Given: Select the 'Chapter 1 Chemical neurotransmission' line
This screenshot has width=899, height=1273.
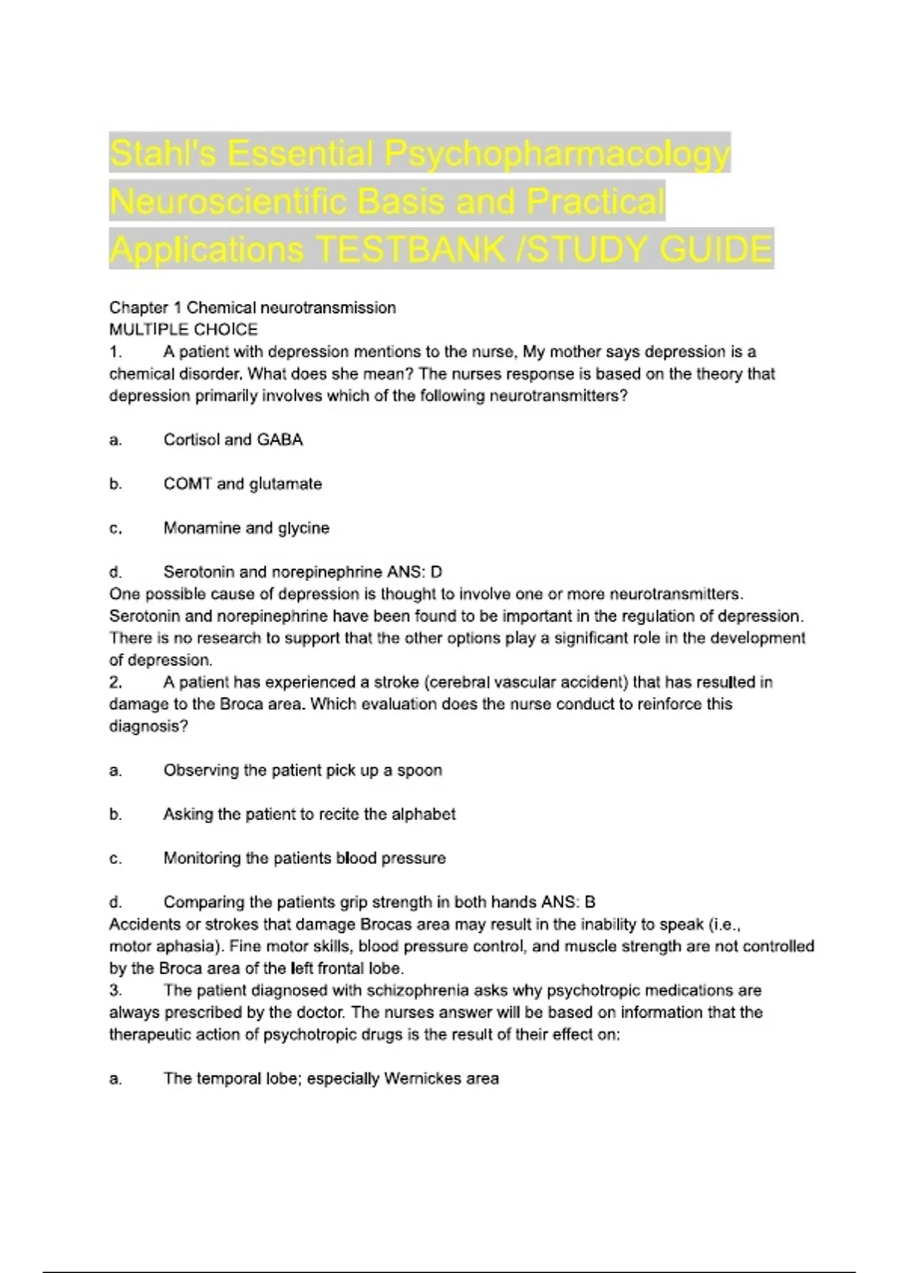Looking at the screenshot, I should [252, 308].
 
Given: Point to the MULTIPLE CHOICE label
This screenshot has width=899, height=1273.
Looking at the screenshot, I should [184, 329].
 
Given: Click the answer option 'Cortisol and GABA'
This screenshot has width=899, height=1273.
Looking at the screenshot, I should [233, 440].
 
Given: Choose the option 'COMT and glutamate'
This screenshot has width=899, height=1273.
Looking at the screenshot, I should [243, 484].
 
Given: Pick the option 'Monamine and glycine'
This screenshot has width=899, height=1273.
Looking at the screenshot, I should [246, 529].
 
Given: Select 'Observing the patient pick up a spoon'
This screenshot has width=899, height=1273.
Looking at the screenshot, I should [303, 771].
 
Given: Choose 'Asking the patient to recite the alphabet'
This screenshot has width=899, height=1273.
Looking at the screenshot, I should [309, 815].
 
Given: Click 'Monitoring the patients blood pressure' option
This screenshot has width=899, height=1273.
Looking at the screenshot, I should [304, 859].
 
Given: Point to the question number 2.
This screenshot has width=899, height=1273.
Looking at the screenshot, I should [115, 683].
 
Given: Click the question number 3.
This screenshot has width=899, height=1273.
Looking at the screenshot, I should [115, 991].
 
